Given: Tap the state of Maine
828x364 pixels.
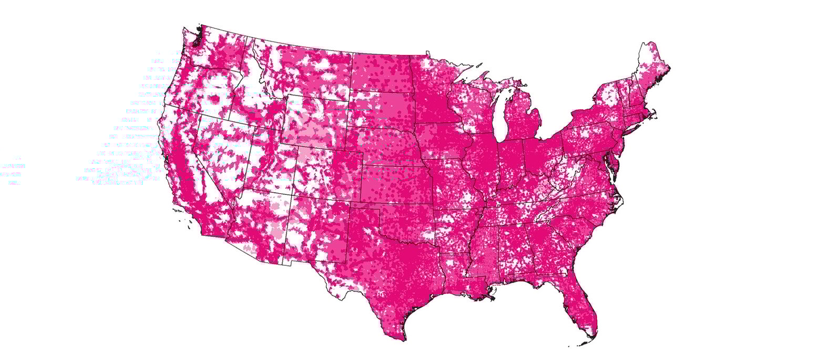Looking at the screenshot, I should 652,68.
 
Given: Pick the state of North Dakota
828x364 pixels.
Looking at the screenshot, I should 381,74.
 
